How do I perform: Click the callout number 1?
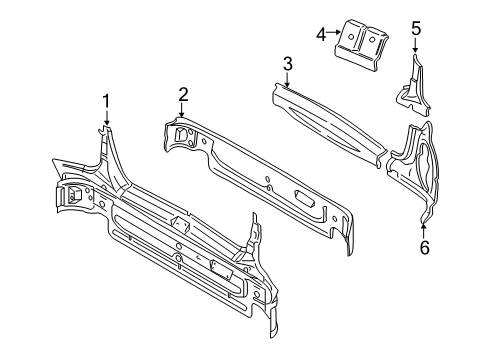coord(106,101)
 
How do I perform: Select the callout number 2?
coord(183,95)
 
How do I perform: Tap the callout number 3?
coord(287,64)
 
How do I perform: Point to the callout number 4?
coord(321,34)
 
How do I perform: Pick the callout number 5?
coord(416,28)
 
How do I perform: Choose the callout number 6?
coord(424,247)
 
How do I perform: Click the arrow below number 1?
coord(107,118)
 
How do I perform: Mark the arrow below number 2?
coord(181,110)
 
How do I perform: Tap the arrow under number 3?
coord(286,80)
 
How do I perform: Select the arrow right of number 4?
coord(333,32)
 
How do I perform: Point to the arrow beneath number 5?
coord(415,45)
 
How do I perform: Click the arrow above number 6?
coord(424,231)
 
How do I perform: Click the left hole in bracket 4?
coord(350,37)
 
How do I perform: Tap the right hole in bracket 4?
coord(371,40)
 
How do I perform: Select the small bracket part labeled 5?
coord(413,87)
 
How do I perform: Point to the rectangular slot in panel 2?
coord(304,197)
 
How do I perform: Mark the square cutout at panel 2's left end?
coord(180,134)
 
